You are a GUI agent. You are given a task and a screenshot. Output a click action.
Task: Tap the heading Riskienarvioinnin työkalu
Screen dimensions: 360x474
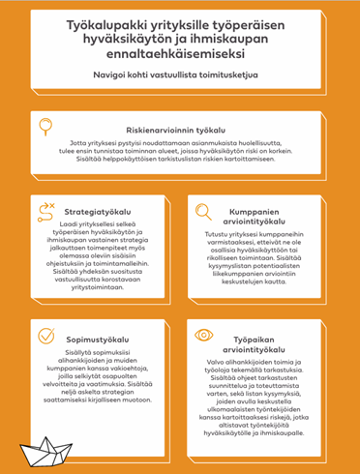196,130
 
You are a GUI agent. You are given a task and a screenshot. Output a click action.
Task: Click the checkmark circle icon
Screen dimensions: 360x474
45,336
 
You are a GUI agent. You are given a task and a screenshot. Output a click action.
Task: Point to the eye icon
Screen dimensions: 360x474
203,336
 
